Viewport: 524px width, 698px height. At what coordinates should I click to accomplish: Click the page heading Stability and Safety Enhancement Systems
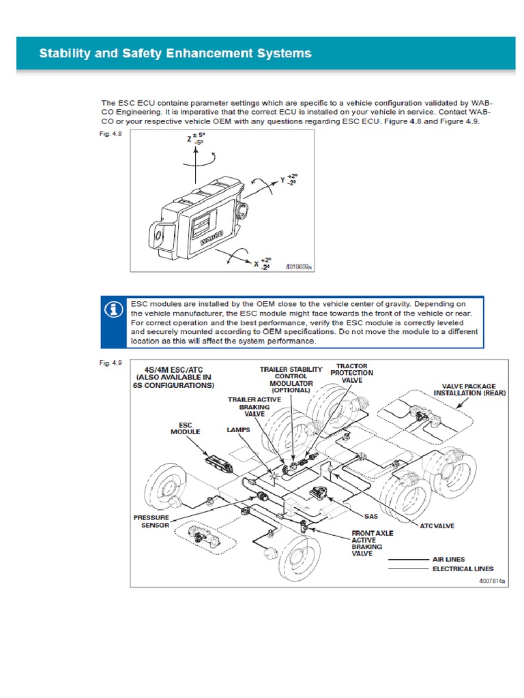(x=175, y=53)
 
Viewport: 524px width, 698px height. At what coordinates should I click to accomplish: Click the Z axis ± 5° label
(x=196, y=139)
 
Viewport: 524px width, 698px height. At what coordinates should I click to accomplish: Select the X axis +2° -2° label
(x=262, y=264)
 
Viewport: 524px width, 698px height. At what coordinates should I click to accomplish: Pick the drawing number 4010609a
(x=298, y=268)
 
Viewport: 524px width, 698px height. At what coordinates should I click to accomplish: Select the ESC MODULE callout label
(x=185, y=429)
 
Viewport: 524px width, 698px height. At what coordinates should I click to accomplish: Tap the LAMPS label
(x=238, y=431)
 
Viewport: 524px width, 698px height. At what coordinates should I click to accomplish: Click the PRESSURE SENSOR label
(x=151, y=521)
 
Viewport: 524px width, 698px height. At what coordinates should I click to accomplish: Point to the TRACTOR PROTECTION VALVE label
(x=351, y=373)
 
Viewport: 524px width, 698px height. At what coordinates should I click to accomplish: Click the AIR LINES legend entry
(x=449, y=559)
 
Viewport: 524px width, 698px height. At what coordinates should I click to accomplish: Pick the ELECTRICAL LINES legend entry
(x=463, y=568)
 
